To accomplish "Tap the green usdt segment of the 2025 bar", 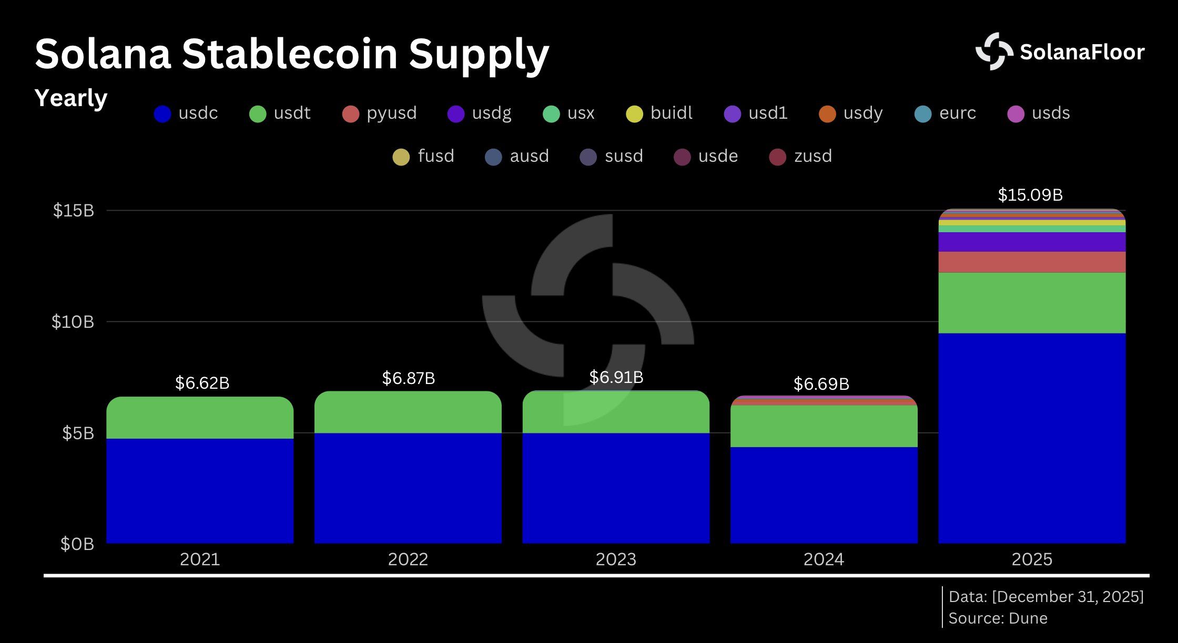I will coord(1032,303).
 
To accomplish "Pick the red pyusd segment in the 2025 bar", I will coord(1032,262).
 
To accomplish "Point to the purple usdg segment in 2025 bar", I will coord(1032,242).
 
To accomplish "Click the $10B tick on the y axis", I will coord(73,321).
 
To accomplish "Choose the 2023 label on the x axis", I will coord(615,559).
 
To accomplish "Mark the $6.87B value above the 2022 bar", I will coord(408,378).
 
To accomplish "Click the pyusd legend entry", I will coord(380,113).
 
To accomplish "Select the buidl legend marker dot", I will coord(635,114).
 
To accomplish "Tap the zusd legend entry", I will coord(801,157).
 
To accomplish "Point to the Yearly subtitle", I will coord(70,98).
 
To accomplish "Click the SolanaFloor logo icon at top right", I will coord(993,51).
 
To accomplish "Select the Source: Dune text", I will coord(998,618).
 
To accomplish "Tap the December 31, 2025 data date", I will coord(1068,597).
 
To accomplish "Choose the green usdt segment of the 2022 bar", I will coord(408,412).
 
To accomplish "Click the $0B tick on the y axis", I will coord(77,544).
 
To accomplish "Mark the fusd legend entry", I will coord(424,157).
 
